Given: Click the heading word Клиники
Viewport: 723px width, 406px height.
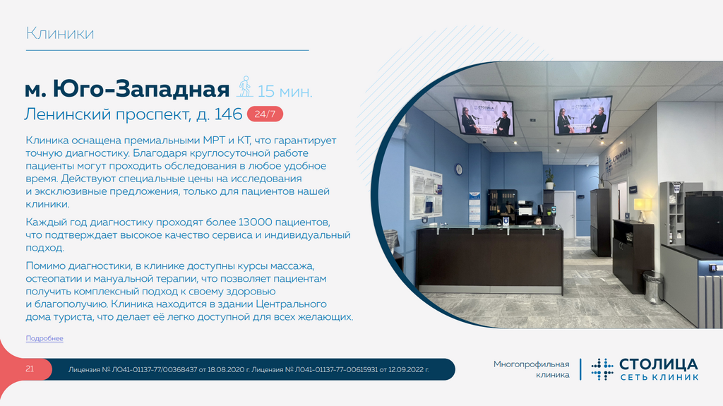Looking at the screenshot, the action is [x=60, y=33].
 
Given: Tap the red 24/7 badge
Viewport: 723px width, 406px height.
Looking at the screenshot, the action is [x=265, y=114].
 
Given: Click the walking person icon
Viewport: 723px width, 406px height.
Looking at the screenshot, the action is [x=245, y=86].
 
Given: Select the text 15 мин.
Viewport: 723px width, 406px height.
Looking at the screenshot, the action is [x=285, y=91].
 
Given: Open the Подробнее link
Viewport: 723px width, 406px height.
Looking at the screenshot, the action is [x=44, y=338].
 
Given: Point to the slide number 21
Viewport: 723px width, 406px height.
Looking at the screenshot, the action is [x=30, y=369].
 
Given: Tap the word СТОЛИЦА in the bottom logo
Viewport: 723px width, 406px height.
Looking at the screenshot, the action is [x=659, y=364].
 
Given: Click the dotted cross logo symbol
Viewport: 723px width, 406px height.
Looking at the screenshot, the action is [x=602, y=369].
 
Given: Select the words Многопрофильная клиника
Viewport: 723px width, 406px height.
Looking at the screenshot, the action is [x=531, y=369].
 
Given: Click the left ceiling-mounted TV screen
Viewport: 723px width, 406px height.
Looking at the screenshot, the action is [x=484, y=117].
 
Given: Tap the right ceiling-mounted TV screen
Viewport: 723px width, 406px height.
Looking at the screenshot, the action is [x=582, y=115].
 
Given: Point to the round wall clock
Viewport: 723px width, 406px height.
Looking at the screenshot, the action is [x=459, y=169].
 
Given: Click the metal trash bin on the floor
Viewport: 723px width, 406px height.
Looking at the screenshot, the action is [x=652, y=287].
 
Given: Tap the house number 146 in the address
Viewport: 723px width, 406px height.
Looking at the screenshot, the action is [x=228, y=114].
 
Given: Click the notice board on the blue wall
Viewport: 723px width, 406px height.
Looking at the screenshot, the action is [x=426, y=193].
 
